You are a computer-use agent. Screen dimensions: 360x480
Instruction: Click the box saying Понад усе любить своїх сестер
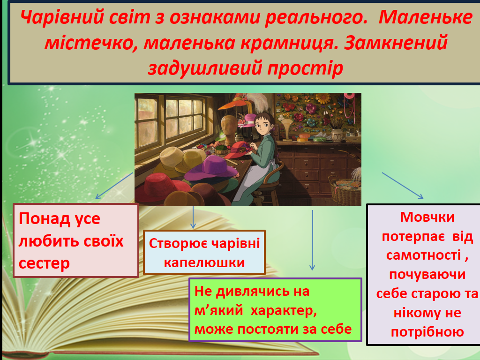[x=75, y=240]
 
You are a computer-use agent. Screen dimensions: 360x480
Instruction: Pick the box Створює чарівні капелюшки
[x=204, y=252]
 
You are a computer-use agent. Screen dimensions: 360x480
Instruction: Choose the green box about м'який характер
[x=275, y=310]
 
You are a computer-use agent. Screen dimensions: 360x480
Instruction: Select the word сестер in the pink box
[x=44, y=263]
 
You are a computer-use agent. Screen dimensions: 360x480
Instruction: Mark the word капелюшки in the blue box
[x=204, y=262]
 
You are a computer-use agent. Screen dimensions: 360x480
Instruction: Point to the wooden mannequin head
[x=229, y=127]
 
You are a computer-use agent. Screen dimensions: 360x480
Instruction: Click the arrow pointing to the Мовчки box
[x=403, y=185]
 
